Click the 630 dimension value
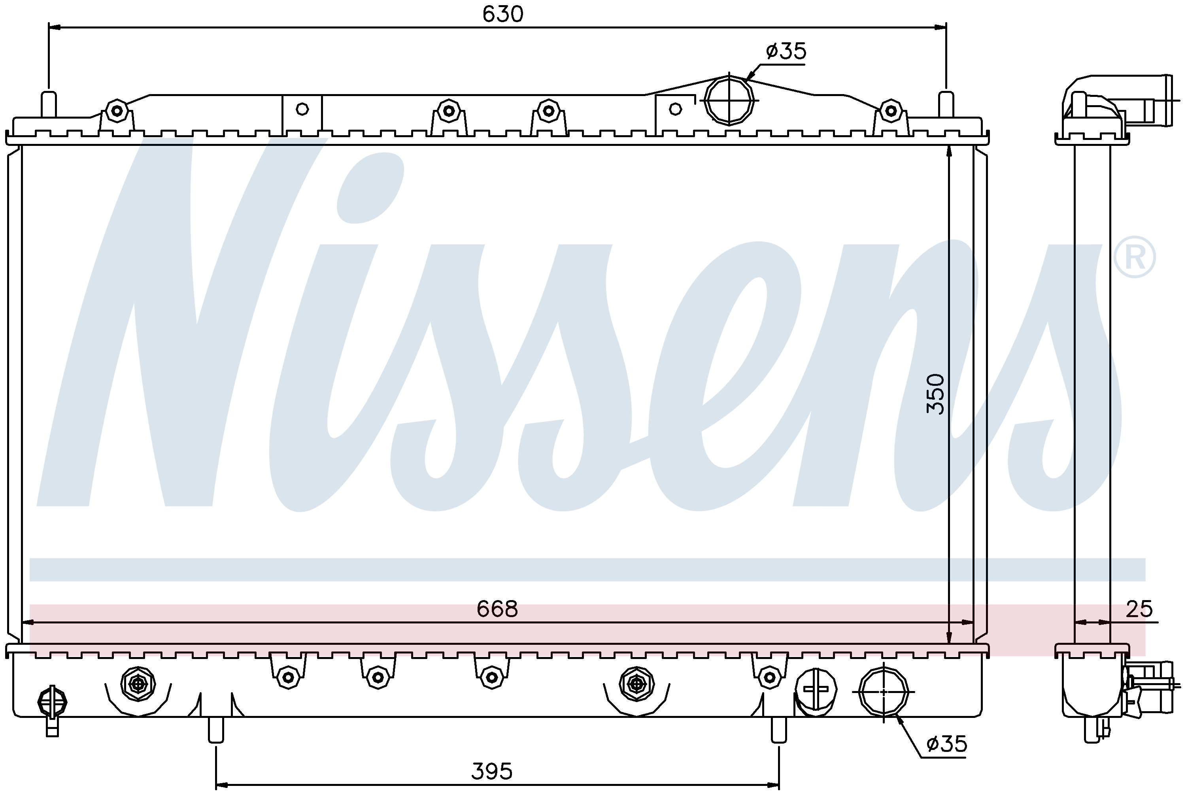pos(502,14)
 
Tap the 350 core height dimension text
pos(935,394)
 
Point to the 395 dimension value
pos(491,772)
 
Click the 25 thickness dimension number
pos(1139,609)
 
